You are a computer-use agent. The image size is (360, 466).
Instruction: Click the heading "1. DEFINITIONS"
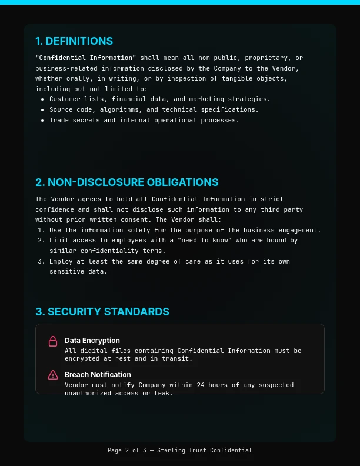tap(74, 41)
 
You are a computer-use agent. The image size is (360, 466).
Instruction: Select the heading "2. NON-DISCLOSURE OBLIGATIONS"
tap(127, 182)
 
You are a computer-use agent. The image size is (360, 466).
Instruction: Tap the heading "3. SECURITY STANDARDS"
tap(102, 312)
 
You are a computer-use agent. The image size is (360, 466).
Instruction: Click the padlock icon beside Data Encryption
tap(53, 341)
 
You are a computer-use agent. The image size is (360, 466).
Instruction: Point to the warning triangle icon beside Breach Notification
tap(53, 375)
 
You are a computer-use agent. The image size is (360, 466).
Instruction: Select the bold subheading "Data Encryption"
tap(92, 340)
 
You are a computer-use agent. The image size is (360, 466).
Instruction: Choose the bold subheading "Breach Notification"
tap(98, 374)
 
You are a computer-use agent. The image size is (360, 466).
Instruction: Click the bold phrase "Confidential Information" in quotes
tap(86, 58)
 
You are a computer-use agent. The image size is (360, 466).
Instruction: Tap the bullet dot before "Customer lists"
tap(42, 99)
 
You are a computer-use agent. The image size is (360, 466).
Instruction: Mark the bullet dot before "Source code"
tap(42, 110)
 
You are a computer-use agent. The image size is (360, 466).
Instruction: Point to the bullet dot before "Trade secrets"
tap(42, 121)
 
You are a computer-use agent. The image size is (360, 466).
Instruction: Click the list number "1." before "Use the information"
tap(41, 230)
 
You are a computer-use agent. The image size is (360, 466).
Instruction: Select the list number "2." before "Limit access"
tap(41, 240)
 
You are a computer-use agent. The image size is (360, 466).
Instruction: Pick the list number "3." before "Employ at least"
tap(41, 261)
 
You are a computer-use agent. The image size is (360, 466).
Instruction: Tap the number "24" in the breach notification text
tap(204, 385)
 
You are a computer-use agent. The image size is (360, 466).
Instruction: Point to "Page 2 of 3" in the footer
tap(127, 450)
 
